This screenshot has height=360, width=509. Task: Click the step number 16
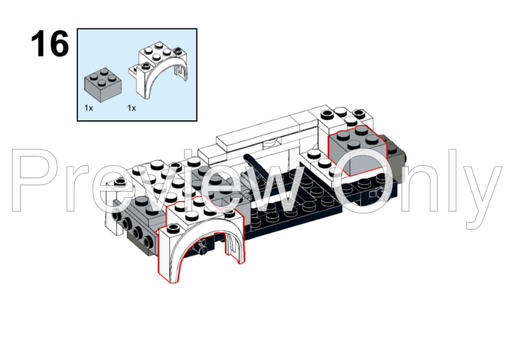coord(50,44)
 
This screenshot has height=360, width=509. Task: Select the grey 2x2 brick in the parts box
coord(103,85)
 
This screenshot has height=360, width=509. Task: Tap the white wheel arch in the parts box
coord(159,70)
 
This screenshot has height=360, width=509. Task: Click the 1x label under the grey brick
coord(89,108)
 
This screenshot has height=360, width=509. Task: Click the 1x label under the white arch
coord(131,108)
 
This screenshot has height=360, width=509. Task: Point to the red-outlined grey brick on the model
coord(358,150)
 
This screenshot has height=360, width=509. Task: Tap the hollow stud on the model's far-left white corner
coord(120,181)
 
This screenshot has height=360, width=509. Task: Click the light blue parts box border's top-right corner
coord(196,29)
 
